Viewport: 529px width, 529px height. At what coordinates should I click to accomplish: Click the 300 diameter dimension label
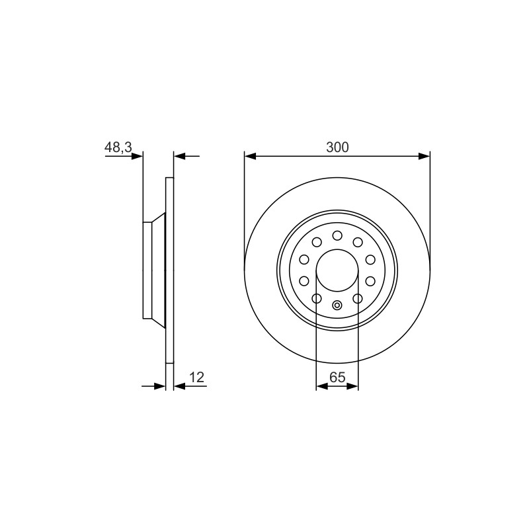tap(337, 147)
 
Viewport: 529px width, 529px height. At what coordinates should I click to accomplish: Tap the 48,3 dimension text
tap(118, 147)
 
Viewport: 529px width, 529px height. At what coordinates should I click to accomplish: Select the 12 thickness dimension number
tap(197, 378)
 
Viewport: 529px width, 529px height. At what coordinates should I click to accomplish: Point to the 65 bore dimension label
tap(337, 377)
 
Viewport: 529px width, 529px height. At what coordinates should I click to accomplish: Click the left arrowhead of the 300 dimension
tap(250, 156)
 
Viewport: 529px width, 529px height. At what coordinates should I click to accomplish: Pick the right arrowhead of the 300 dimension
tap(424, 156)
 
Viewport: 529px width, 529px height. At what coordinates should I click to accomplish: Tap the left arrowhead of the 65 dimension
tap(322, 386)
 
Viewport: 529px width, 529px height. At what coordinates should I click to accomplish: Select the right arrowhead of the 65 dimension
tap(352, 386)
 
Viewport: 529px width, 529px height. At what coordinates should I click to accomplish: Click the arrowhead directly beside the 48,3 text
tap(137, 156)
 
